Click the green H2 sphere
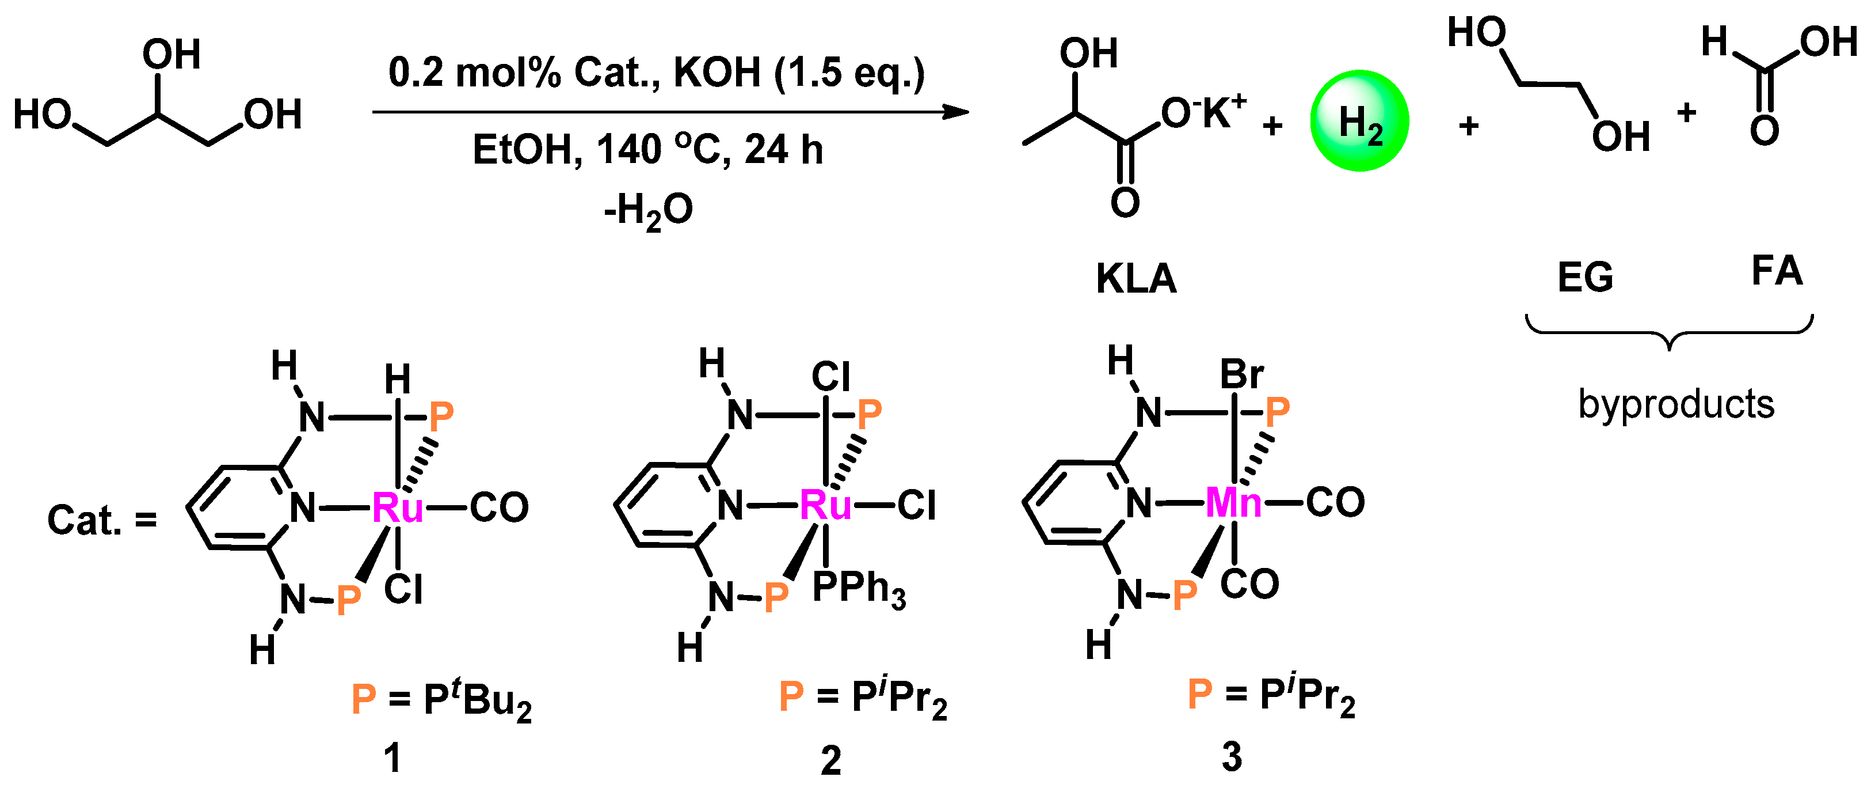tap(1359, 120)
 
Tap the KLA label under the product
tap(1136, 278)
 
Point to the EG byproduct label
tap(1585, 277)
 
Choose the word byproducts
tap(1676, 404)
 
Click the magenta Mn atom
tap(1233, 502)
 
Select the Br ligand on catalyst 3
tap(1241, 375)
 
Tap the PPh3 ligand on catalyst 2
tap(859, 588)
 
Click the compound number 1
tap(392, 758)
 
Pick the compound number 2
tap(831, 760)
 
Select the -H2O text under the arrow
tap(648, 211)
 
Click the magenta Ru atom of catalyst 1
tap(397, 507)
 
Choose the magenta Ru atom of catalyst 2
tap(825, 505)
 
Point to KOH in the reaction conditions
tap(717, 73)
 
